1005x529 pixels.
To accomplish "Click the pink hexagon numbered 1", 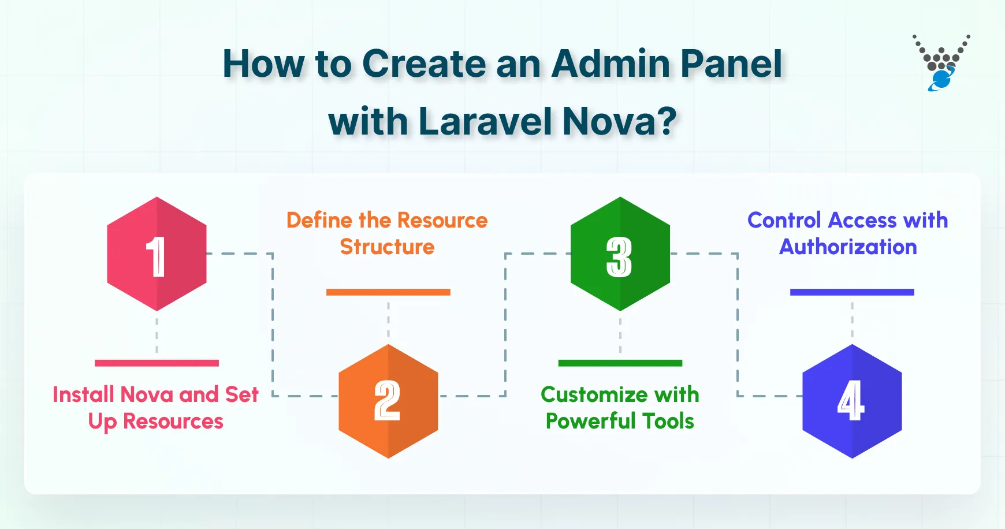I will pos(157,254).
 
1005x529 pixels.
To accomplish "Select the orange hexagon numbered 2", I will pos(388,401).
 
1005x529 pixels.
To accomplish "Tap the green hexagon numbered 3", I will pos(620,254).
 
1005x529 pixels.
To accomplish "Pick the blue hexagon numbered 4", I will pos(852,401).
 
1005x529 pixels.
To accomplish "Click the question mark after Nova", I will pos(667,122).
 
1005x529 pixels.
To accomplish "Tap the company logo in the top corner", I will pos(941,62).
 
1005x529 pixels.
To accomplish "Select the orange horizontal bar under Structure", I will pos(388,292).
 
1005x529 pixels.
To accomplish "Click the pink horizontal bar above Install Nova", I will pos(157,363).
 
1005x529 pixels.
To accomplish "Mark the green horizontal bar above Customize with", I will pos(620,363).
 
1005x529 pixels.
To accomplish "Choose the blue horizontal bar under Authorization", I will pos(852,292).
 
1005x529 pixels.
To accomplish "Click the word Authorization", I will pos(848,247).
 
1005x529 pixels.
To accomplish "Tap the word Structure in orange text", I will pos(387,247).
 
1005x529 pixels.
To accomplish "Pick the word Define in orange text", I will pos(319,221).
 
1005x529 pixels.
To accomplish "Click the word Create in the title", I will pos(424,64).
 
